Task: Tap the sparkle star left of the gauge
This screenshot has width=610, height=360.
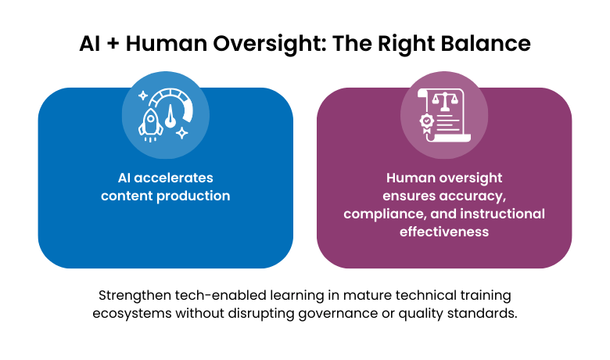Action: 142,95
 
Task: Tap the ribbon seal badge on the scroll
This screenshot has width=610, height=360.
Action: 427,122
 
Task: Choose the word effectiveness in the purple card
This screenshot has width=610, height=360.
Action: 443,232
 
